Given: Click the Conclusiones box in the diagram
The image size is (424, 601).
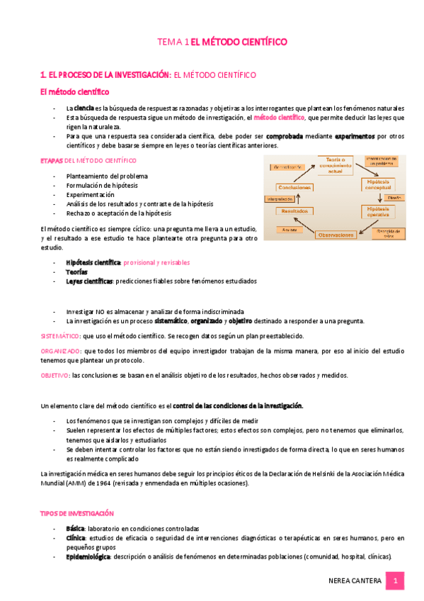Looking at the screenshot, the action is (295, 187).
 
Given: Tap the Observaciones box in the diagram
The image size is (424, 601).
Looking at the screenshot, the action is (336, 234).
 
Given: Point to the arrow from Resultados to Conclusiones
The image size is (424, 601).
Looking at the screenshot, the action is (295, 199).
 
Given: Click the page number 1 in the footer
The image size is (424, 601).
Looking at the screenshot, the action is (396, 580).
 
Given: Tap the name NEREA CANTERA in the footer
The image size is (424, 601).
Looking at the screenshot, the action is (355, 581).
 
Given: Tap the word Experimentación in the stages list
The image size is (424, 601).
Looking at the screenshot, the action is (90, 194).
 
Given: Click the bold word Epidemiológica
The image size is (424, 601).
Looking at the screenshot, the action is (88, 557).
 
